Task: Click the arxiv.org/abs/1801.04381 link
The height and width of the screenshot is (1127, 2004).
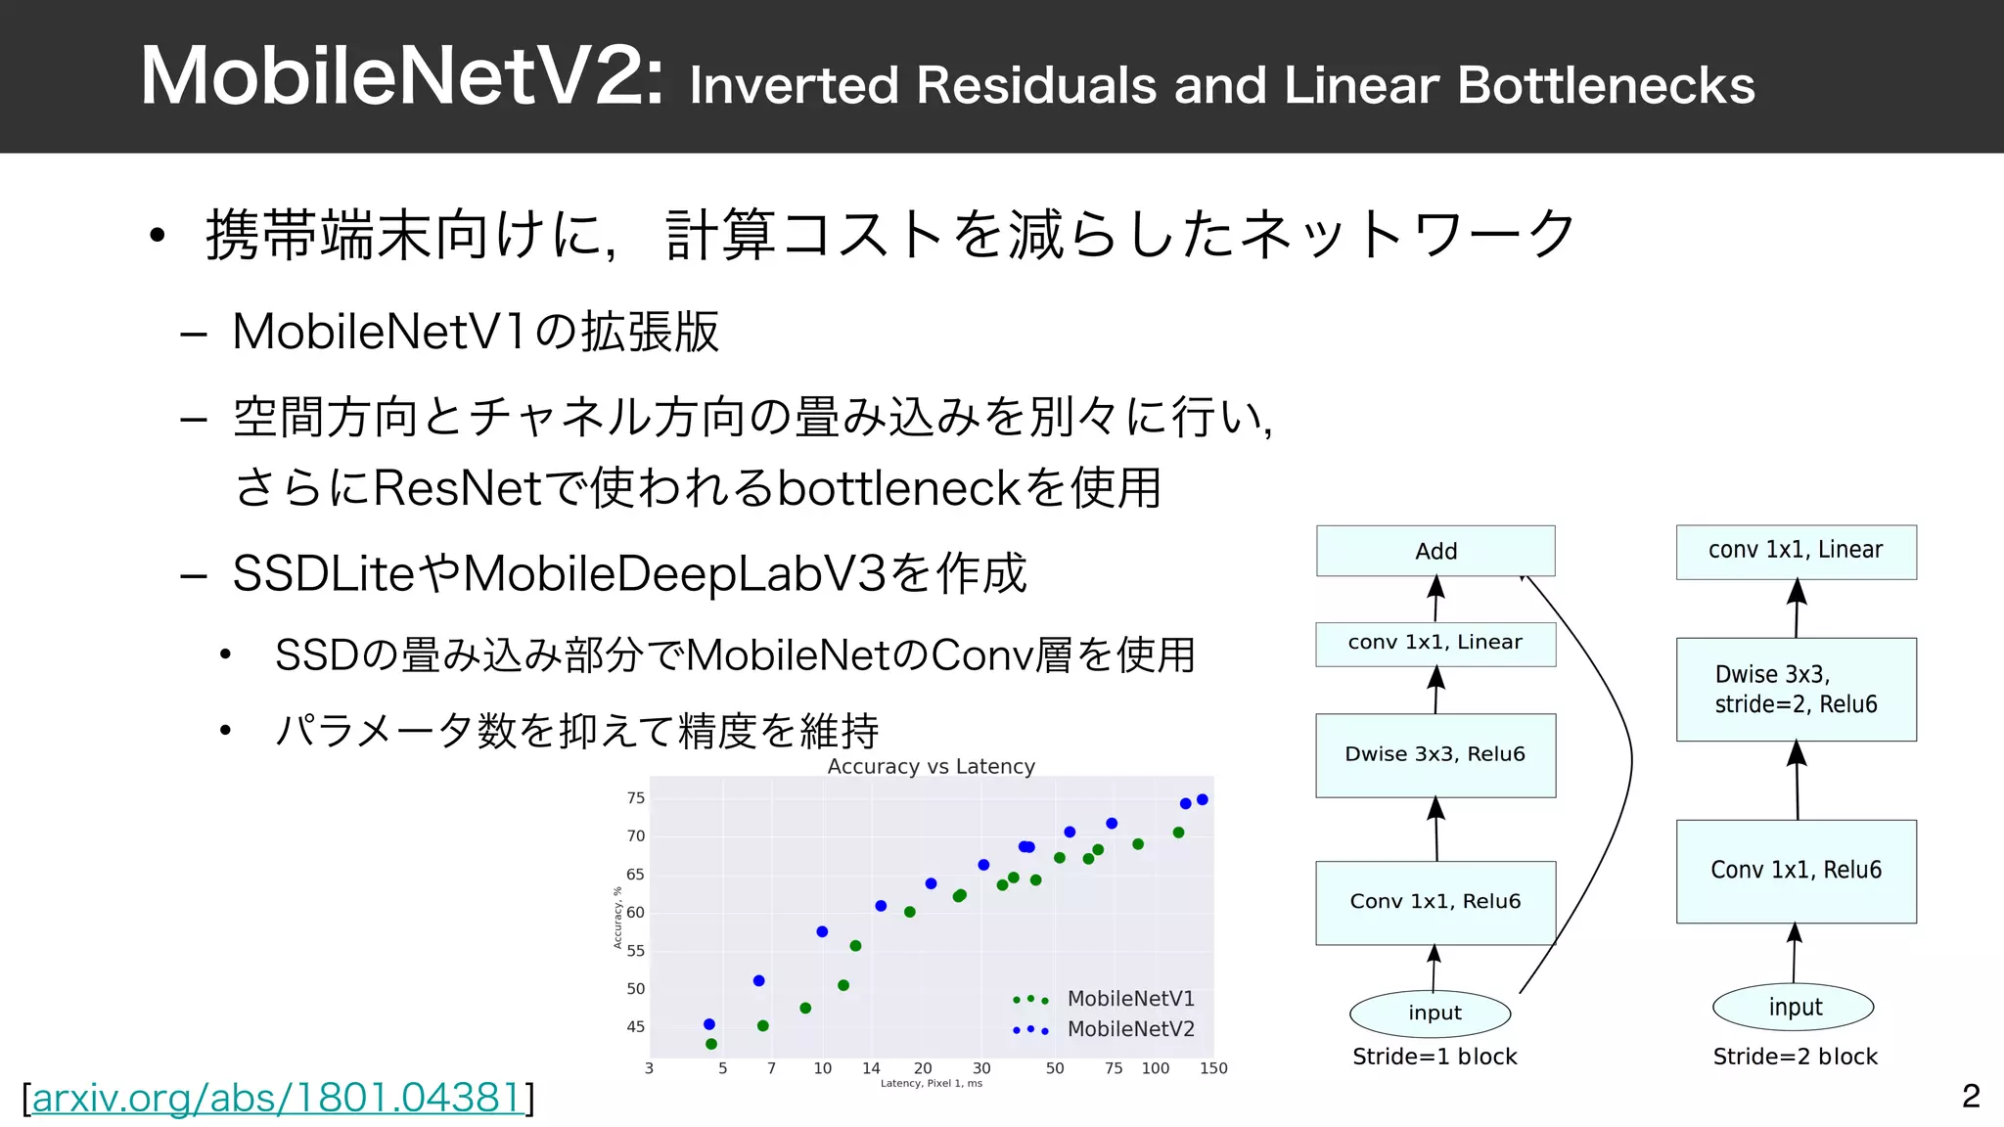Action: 278,1099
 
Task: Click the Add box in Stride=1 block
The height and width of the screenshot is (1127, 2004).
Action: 1435,551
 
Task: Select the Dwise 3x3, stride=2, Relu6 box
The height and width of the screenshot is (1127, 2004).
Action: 1796,689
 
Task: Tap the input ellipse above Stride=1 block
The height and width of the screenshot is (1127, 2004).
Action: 1435,1013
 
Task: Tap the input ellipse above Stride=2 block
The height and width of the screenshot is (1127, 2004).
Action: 1794,1007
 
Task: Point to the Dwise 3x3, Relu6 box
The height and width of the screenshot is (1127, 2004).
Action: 1435,754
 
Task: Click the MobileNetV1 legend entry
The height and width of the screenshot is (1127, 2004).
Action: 1130,999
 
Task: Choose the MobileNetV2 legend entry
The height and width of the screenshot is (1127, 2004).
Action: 1130,1029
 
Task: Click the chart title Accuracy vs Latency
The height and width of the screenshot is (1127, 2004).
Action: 931,766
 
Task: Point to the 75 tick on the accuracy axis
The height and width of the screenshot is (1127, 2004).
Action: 636,798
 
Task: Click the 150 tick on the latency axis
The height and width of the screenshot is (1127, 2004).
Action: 1213,1068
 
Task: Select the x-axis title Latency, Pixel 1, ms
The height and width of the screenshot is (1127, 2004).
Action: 931,1083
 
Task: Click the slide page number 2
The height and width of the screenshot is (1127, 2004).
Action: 1971,1096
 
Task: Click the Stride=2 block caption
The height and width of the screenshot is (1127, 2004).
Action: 1795,1057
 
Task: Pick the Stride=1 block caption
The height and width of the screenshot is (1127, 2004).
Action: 1435,1057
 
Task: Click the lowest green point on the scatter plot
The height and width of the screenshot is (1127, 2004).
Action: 711,1044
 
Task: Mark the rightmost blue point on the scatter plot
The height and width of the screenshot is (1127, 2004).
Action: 1203,799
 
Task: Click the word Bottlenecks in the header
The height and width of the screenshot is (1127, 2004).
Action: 1606,85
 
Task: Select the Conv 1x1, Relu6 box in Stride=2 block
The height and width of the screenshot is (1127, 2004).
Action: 1796,871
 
